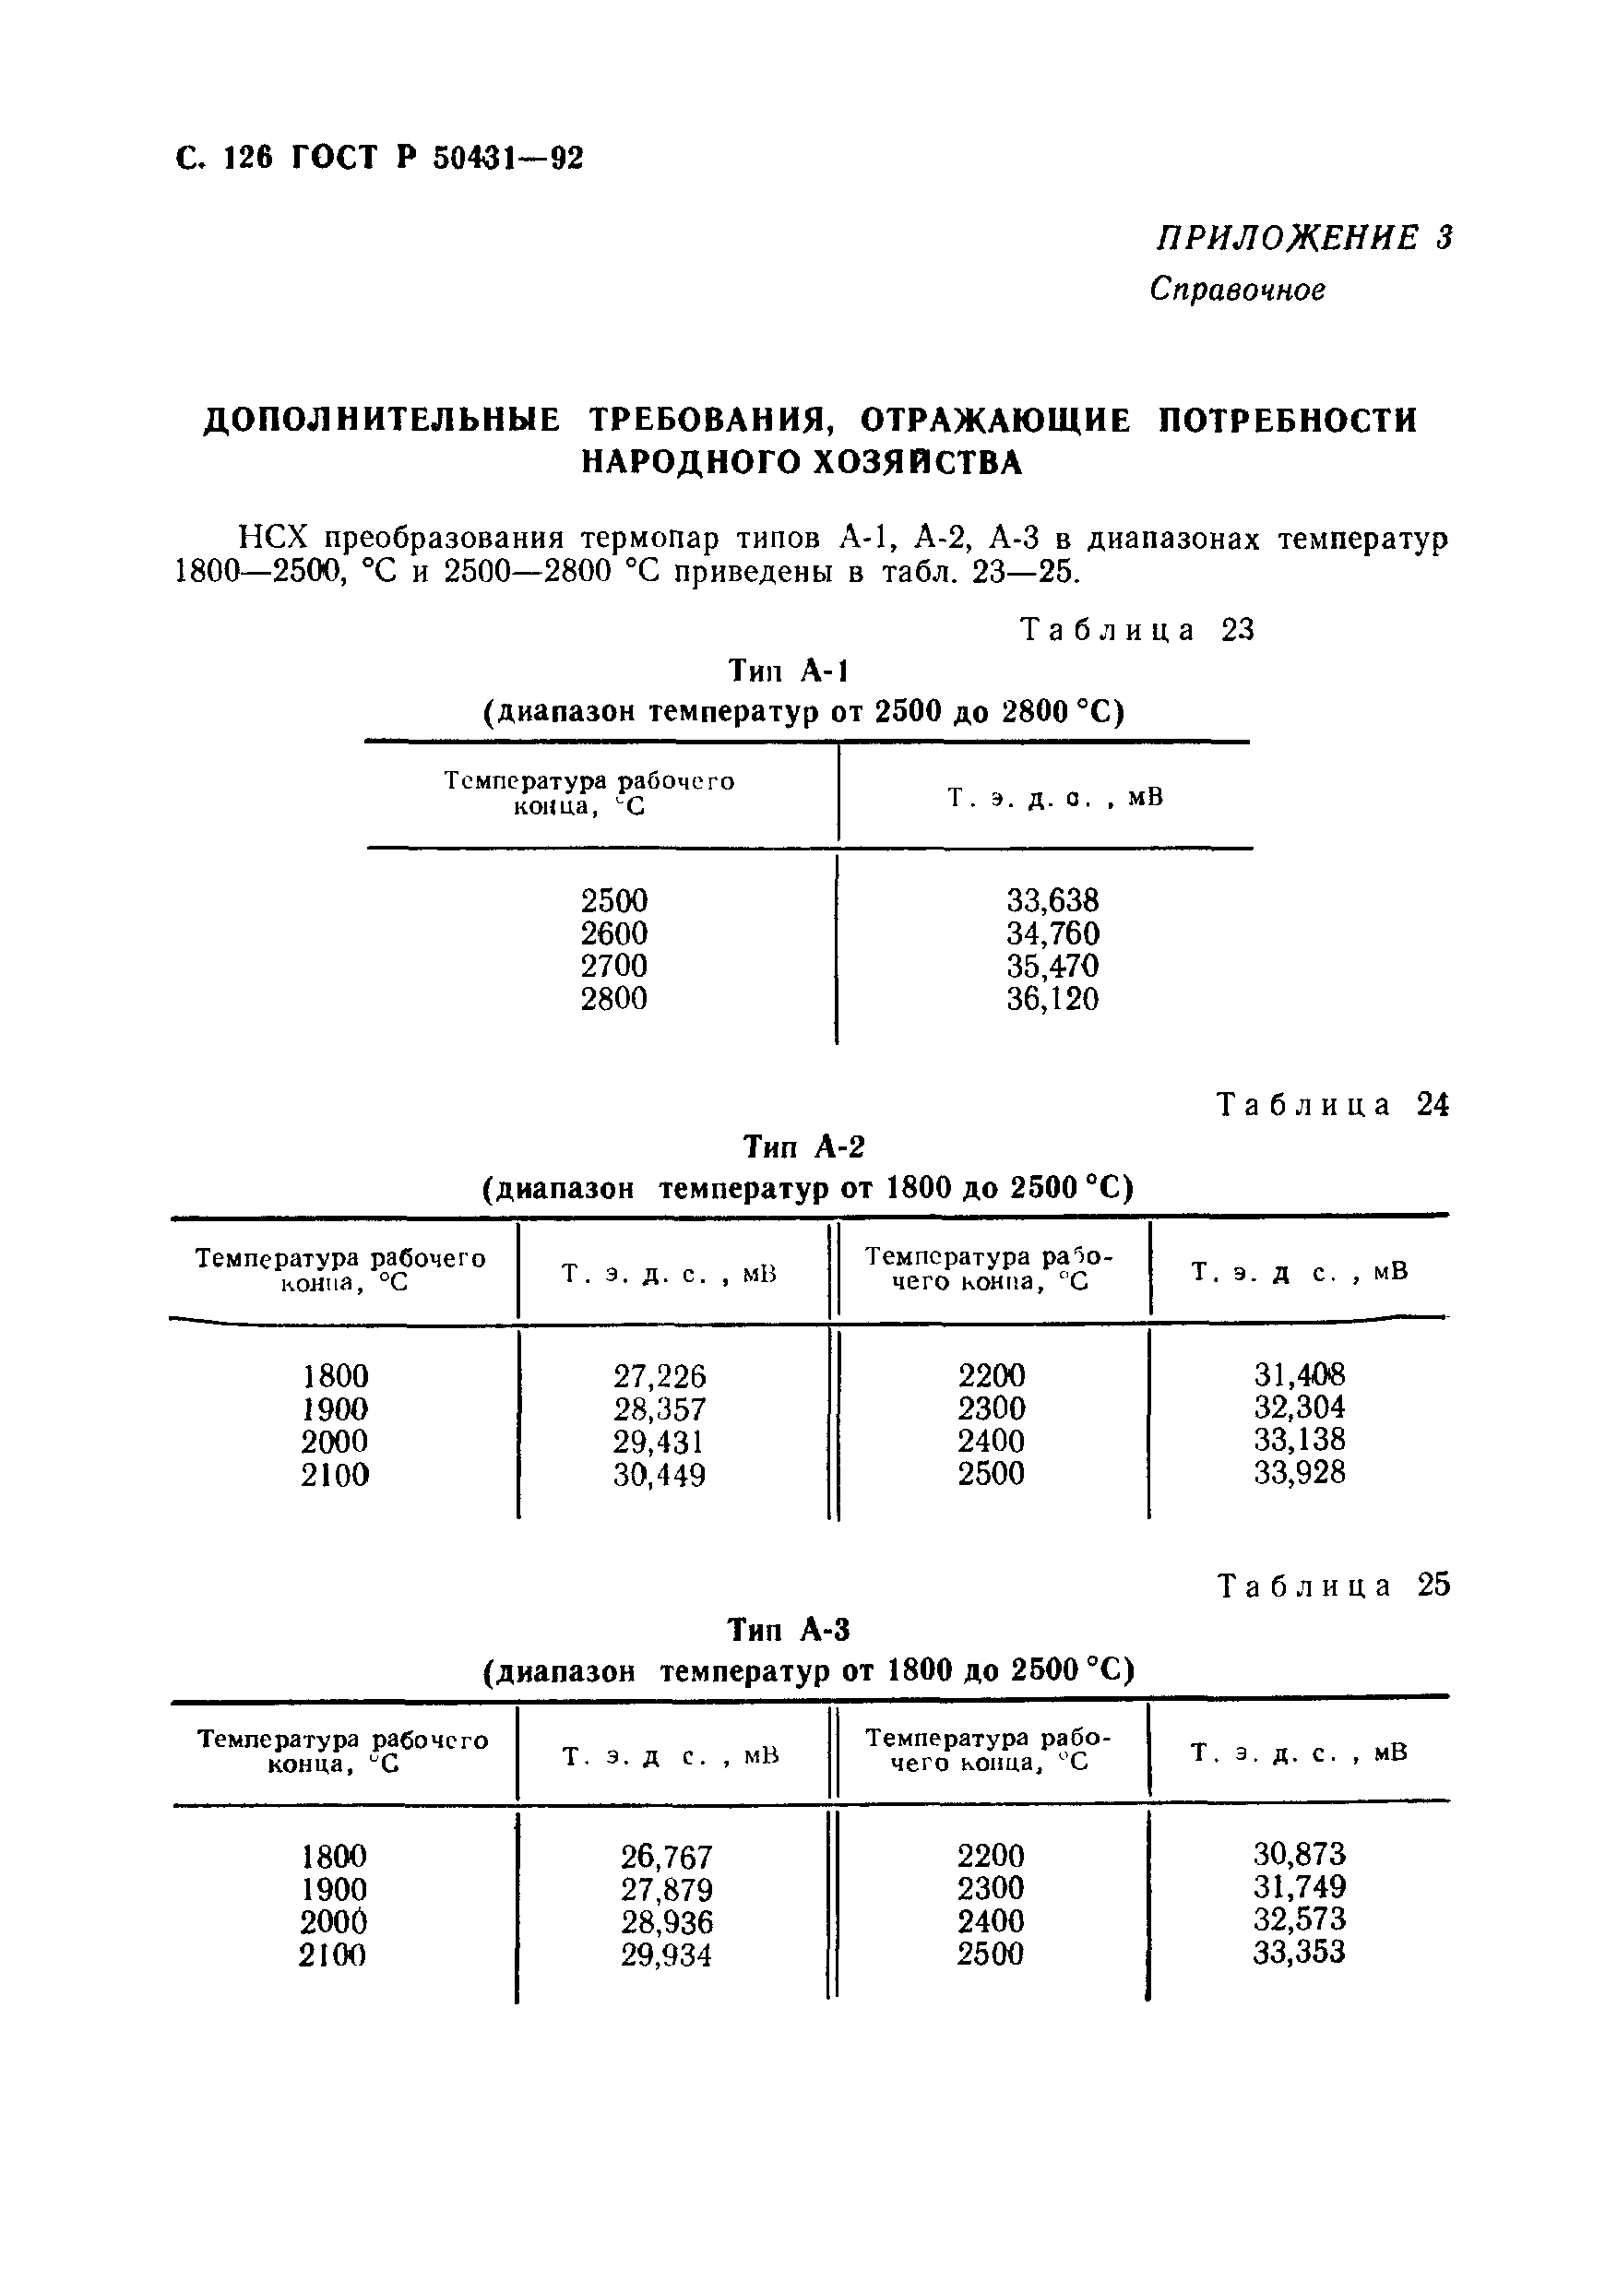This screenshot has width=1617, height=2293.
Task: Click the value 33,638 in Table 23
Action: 1052,901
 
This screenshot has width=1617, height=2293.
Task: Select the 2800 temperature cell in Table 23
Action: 613,999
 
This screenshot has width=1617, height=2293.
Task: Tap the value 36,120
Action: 1052,999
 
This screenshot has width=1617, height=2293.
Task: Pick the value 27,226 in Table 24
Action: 660,1377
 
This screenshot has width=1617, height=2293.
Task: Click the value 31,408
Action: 1300,1375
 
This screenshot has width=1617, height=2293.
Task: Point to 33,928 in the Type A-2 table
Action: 1300,1473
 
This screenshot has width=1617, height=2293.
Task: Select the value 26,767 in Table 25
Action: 666,1858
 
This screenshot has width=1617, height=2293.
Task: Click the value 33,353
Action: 1300,1953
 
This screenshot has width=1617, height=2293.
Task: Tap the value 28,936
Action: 666,1922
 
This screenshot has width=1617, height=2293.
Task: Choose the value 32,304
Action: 1300,1408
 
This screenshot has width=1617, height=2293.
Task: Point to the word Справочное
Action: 1238,290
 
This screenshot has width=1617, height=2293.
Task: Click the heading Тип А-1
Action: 788,671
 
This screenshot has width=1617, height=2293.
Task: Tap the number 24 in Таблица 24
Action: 1432,1106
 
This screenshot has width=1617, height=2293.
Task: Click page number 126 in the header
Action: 248,158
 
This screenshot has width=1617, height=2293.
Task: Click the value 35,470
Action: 1052,967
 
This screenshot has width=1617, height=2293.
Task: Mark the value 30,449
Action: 660,1475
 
